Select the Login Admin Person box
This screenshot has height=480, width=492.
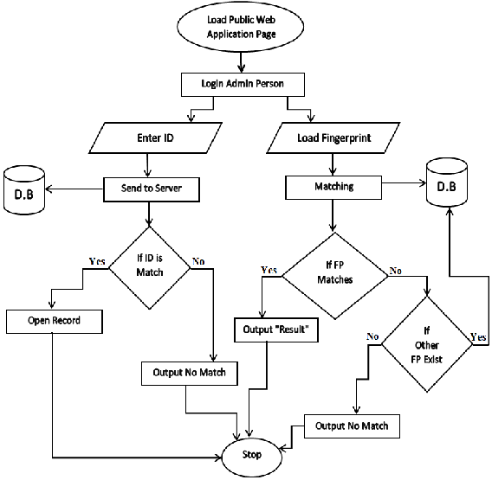[243, 85]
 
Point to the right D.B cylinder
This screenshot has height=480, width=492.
[446, 186]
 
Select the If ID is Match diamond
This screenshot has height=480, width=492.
[149, 266]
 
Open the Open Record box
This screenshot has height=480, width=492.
[55, 322]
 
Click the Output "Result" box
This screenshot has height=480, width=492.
[276, 330]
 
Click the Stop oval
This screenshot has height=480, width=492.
[251, 454]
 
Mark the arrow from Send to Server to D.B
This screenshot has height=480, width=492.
[74, 186]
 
